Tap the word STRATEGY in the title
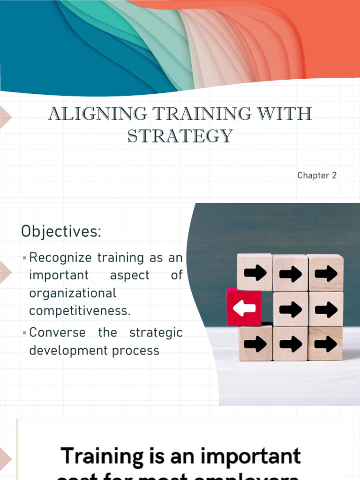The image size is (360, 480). (x=180, y=136)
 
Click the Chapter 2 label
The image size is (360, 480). (x=317, y=176)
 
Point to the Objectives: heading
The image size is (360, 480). (x=61, y=231)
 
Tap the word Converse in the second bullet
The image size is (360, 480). (x=57, y=332)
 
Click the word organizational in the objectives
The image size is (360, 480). (x=73, y=293)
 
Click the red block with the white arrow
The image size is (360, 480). (x=244, y=307)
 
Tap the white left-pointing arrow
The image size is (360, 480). (x=244, y=308)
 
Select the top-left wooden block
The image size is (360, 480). (x=255, y=272)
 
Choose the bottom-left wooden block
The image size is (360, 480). (x=255, y=344)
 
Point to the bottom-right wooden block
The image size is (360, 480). (x=326, y=344)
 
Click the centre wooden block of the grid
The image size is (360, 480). (x=291, y=308)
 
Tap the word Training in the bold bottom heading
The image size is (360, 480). (x=103, y=456)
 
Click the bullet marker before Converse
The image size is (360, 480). (x=24, y=333)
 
